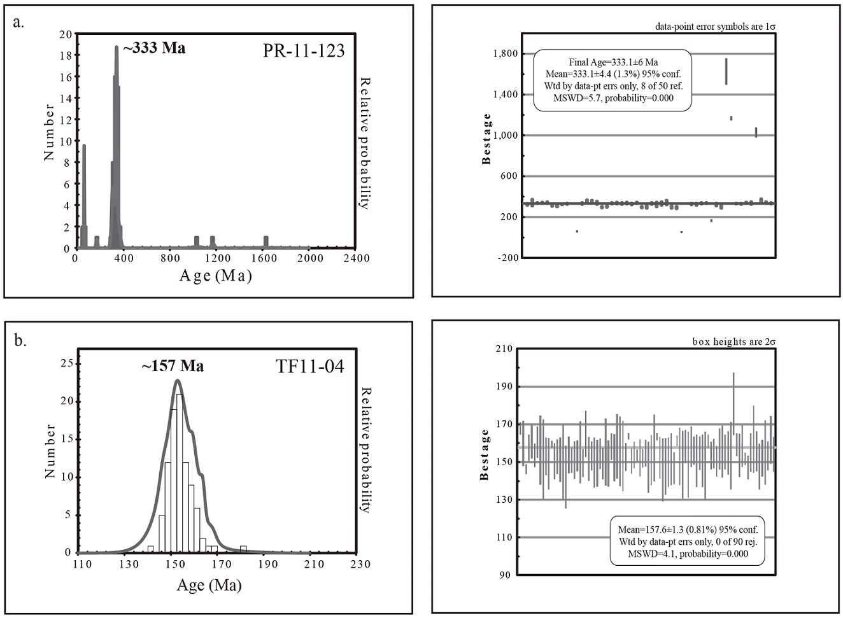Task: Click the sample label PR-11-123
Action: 304,51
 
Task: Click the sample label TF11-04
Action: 309,367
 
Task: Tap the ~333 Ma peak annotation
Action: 155,48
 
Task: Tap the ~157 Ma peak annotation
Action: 173,366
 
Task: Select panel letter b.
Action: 20,340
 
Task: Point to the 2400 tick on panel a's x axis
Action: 356,258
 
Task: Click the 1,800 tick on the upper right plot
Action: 505,53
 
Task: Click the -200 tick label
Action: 507,258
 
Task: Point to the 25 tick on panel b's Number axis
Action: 66,363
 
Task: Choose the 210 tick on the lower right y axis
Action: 504,349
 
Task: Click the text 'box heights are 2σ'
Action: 734,342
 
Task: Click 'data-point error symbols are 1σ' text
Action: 715,27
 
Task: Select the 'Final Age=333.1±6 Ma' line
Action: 613,62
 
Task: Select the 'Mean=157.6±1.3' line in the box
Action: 687,530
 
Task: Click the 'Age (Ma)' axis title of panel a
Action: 216,276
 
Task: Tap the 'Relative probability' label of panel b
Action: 365,449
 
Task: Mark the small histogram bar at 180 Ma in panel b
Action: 243,549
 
